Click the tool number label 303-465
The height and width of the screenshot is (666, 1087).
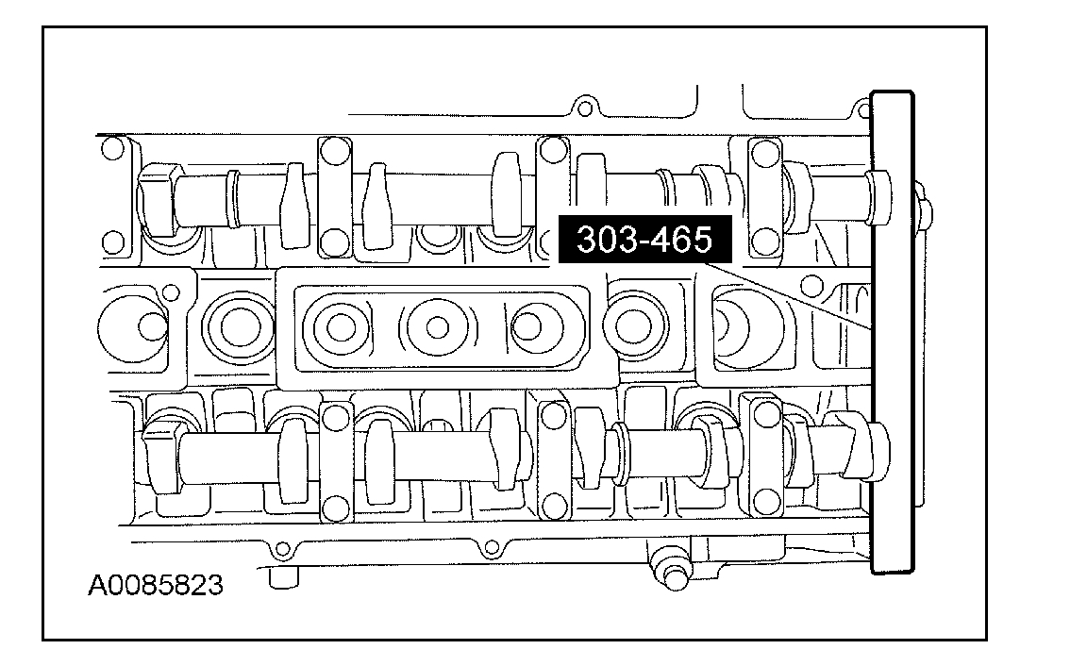[x=644, y=239]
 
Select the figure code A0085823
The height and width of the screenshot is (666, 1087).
[x=156, y=586]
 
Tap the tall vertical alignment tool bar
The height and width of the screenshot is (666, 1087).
[x=893, y=333]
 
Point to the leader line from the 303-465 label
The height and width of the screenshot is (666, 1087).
[x=787, y=296]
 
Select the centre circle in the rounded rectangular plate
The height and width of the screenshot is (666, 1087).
[x=438, y=326]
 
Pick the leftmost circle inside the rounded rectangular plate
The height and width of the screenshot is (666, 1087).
[x=341, y=327]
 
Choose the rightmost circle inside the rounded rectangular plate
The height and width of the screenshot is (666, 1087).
[x=528, y=326]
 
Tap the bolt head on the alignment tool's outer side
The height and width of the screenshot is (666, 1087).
[x=924, y=208]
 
